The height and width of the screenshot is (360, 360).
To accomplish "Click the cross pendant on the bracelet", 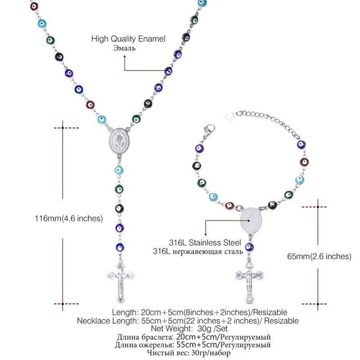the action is (247, 281).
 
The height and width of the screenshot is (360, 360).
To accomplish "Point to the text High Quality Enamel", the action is (128, 39).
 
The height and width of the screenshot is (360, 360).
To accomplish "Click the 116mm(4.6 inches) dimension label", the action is (69, 219).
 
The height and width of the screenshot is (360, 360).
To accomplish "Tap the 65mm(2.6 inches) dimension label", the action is (319, 256).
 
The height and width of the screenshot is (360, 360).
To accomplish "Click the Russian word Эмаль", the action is (125, 48).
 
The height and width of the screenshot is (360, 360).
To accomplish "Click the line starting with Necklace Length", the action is (188, 321).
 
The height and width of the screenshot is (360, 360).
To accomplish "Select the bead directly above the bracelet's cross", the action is (249, 247).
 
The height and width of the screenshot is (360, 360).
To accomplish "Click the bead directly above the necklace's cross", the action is (119, 247).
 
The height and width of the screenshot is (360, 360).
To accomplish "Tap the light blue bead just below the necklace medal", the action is (119, 171).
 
